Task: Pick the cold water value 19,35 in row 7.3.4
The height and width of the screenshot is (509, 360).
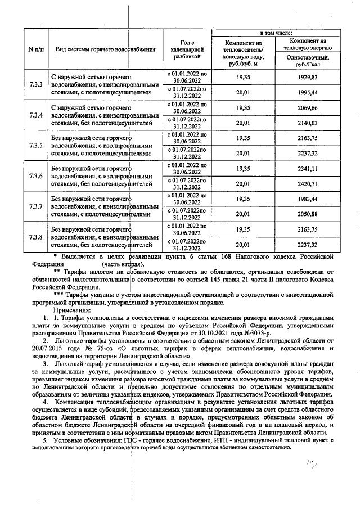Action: coord(243,107)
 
